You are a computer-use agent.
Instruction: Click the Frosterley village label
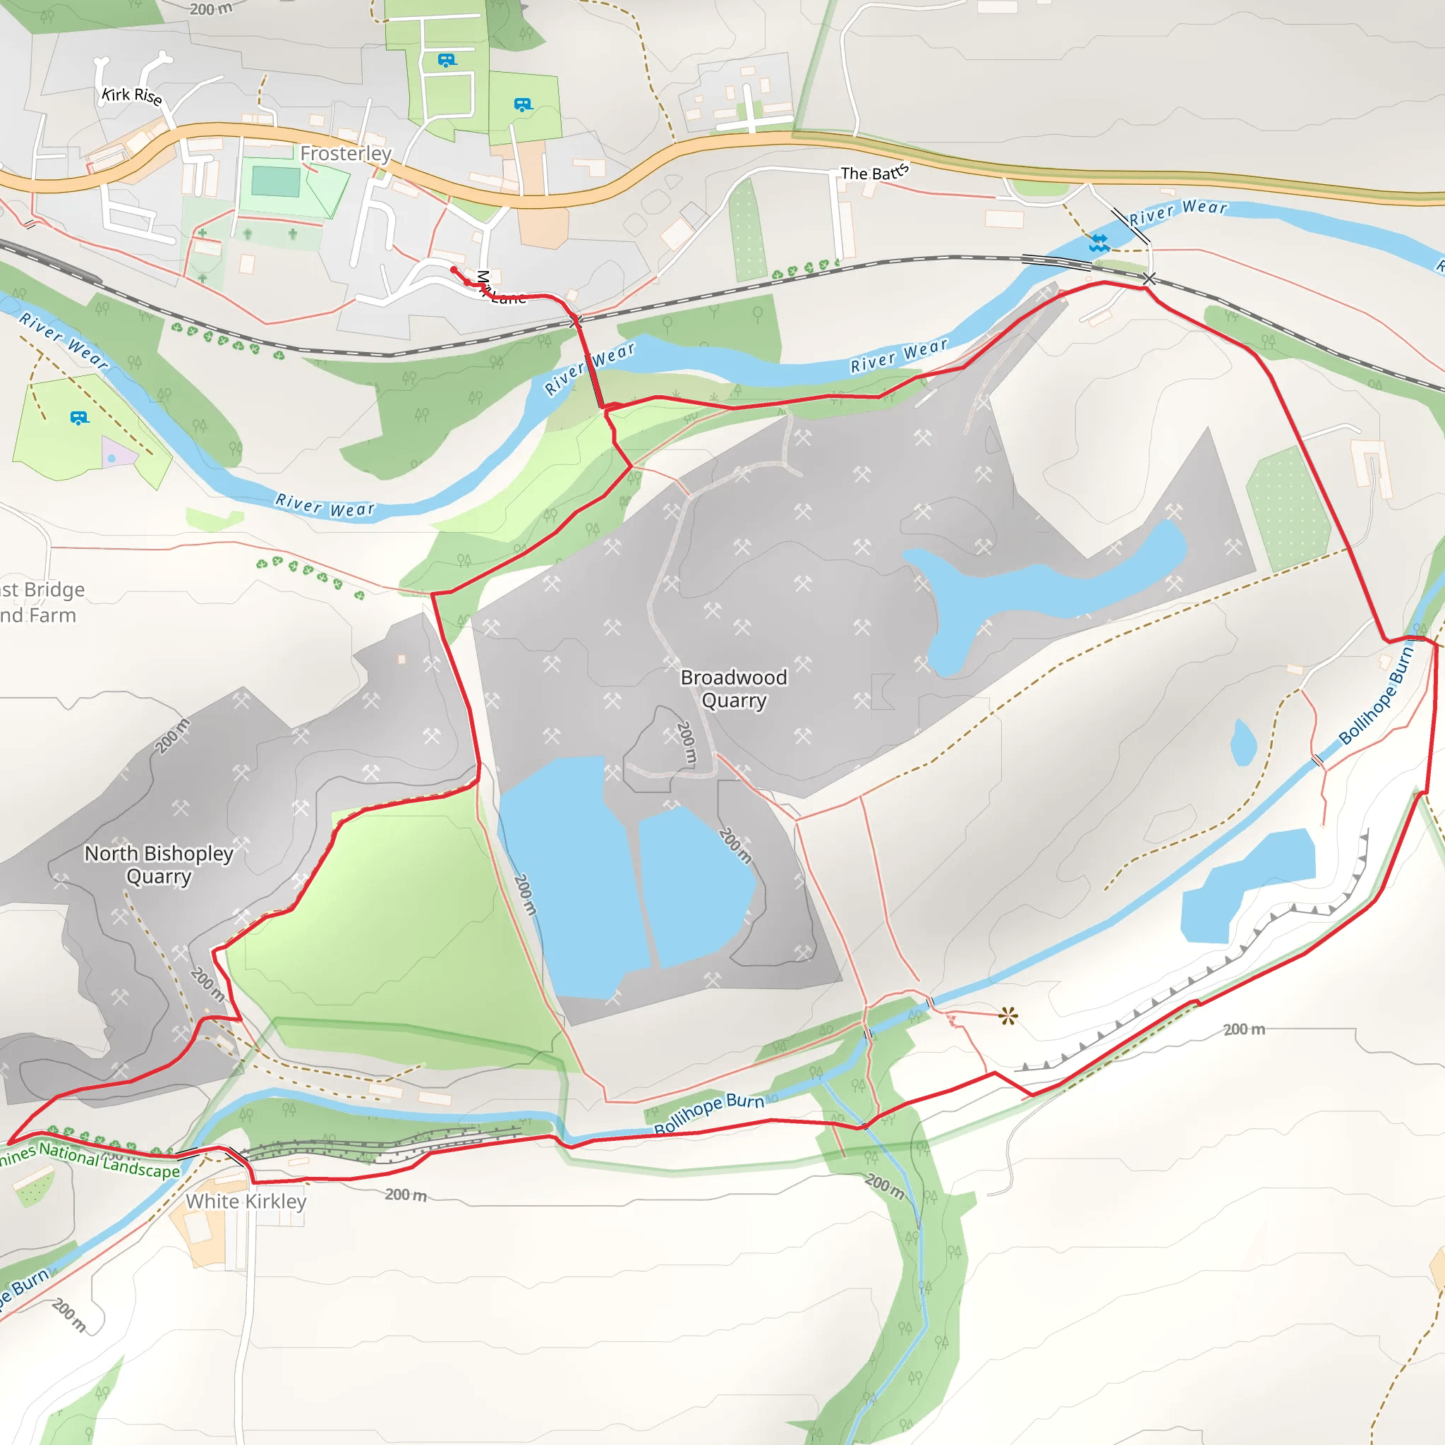point(346,153)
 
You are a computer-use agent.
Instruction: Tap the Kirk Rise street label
point(132,96)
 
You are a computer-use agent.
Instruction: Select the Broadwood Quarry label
point(734,689)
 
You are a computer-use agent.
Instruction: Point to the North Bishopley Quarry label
point(159,864)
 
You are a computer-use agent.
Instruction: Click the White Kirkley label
point(246,1201)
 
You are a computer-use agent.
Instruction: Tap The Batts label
point(874,173)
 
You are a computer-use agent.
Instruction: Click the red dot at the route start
point(453,270)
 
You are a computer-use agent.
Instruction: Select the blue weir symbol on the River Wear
point(1099,242)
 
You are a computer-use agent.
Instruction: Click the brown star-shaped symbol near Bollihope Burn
point(1008,1016)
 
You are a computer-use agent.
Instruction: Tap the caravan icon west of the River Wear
point(79,418)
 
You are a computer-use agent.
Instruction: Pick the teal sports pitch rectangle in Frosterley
point(276,181)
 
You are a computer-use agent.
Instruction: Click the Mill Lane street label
point(500,289)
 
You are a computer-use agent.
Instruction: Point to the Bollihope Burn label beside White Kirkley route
point(709,1113)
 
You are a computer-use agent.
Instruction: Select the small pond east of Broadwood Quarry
point(1243,742)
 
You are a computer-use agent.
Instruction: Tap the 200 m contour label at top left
point(211,9)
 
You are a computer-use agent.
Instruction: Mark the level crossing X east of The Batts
point(1149,279)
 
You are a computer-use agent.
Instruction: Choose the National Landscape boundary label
point(90,1159)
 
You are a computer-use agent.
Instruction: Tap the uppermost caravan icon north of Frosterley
point(447,60)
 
